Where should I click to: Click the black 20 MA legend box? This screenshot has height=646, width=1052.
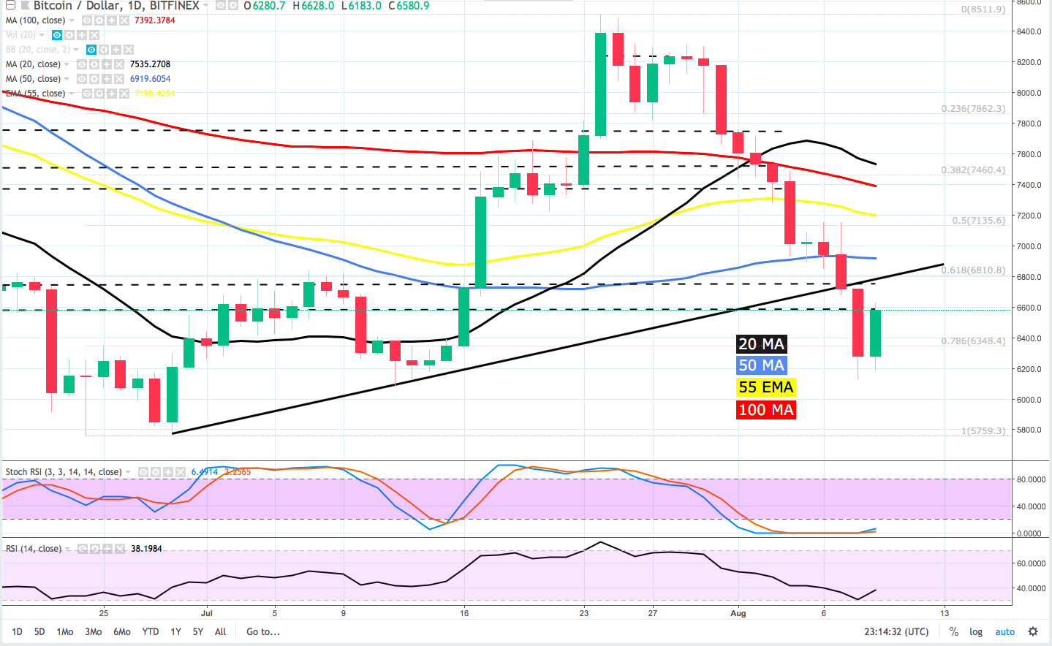(761, 344)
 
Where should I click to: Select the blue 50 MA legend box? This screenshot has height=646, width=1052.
(761, 365)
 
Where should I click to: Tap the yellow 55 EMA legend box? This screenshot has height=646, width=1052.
(765, 387)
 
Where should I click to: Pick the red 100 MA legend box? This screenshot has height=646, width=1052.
(765, 410)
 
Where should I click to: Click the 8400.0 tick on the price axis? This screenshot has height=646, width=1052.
(1029, 31)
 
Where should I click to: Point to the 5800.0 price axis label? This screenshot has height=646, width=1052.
(1029, 430)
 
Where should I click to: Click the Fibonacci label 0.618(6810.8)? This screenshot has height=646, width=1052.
(973, 270)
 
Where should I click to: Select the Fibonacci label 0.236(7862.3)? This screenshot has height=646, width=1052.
(973, 109)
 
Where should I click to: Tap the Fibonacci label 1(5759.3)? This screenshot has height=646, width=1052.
(983, 431)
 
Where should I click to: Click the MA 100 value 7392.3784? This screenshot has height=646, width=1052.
(154, 20)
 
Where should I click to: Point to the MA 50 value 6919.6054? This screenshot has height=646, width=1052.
(150, 79)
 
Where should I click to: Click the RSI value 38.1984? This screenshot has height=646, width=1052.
(146, 549)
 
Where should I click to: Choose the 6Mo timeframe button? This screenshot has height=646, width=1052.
(122, 632)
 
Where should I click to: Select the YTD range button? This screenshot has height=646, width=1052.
(151, 632)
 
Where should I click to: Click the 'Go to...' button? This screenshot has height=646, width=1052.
(263, 632)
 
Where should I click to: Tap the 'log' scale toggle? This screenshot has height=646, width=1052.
(976, 632)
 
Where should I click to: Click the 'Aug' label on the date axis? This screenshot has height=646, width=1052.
(738, 614)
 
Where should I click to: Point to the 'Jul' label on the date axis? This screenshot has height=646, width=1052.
(206, 614)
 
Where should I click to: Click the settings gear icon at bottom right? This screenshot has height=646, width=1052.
(1033, 631)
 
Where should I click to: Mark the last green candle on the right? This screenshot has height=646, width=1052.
(875, 333)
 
